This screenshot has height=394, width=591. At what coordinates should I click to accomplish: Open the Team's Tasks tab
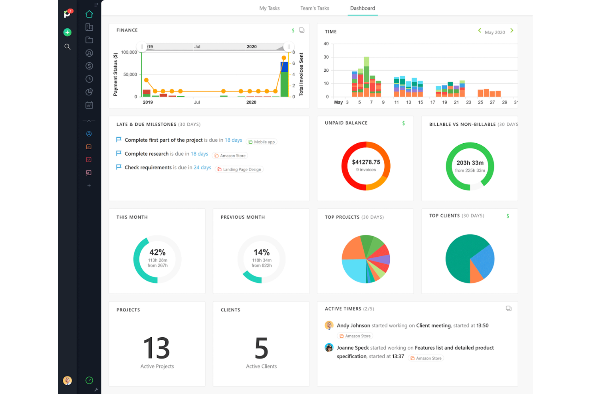pos(315,8)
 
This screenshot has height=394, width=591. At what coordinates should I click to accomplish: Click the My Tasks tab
pos(270,8)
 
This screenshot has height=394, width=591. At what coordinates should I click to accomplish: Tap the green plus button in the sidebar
pos(67,32)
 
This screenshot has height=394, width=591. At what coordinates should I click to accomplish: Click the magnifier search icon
pos(67,47)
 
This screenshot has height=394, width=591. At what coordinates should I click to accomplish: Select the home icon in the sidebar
pos(89,14)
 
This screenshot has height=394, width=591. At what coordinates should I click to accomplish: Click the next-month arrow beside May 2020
pos(512,31)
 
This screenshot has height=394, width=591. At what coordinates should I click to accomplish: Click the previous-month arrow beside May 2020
pos(480,31)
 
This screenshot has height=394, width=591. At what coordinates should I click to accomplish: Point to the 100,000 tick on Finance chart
pos(129,52)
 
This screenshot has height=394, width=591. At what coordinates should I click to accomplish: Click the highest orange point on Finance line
pos(284,58)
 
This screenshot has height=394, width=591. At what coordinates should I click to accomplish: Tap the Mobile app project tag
pos(262,142)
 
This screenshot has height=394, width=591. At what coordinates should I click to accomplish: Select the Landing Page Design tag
pos(239,169)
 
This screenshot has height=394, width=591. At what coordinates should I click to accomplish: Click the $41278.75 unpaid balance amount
pos(366,162)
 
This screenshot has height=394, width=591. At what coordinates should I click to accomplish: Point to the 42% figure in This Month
pos(157,252)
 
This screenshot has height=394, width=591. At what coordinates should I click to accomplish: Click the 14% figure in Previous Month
pos(262,252)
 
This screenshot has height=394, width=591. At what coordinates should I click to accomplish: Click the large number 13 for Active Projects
pos(157,348)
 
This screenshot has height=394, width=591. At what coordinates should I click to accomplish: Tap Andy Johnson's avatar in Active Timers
pos(329,325)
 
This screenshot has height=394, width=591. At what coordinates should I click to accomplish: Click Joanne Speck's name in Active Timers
pos(353,348)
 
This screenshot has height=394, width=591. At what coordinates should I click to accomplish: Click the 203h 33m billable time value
pos(470,163)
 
